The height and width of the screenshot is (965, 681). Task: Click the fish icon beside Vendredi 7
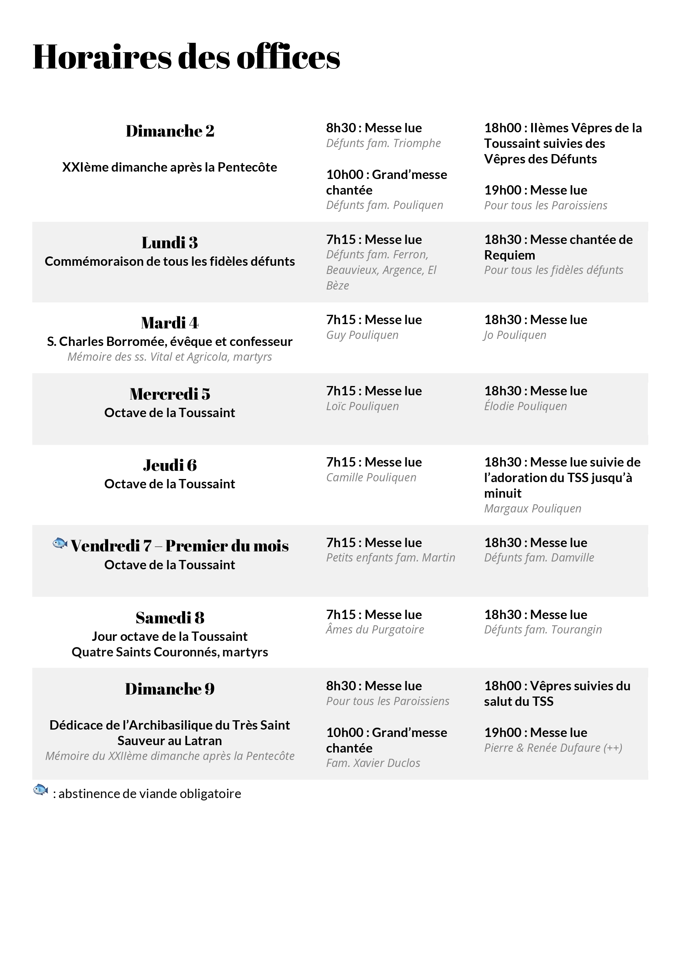point(60,543)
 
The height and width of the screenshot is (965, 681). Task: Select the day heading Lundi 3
point(169,242)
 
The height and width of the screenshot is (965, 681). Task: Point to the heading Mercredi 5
point(169,394)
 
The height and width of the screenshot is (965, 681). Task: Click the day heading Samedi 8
point(169,618)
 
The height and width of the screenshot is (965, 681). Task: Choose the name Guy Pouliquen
point(362,335)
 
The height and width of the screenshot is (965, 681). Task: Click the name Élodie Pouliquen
point(525,406)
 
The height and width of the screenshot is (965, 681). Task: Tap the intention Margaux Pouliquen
point(532,509)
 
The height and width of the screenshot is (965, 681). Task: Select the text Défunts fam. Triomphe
point(383,143)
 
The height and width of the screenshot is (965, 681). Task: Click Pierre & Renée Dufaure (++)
point(553,748)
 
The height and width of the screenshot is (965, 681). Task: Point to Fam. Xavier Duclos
point(373,763)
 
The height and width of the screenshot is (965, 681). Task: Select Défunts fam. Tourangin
point(543,629)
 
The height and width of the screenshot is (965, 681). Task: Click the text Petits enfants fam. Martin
point(391,558)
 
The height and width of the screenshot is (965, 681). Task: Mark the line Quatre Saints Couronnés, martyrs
point(169,652)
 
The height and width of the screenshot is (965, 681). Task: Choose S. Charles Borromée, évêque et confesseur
point(169,341)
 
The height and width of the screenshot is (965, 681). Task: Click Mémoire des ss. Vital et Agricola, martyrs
point(169,357)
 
